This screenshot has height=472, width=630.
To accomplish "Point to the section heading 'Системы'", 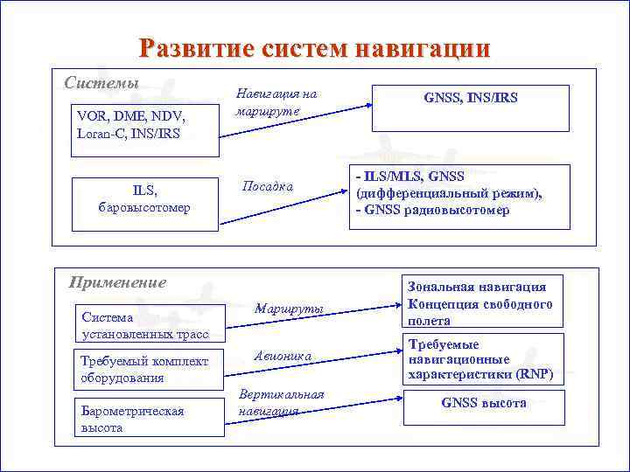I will click(x=101, y=83).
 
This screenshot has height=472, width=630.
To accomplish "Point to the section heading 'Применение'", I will click(x=117, y=282).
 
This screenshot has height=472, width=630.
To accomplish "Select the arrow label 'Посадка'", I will click(x=267, y=186).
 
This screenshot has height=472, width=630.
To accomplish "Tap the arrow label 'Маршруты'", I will click(x=289, y=309).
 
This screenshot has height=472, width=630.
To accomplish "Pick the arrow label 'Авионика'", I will click(x=282, y=356).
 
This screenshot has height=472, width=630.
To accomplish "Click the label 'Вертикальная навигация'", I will click(x=281, y=402).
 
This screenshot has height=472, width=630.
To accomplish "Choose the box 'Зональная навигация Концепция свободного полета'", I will click(x=479, y=303).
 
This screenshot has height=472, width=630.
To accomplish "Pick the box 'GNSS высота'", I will click(x=483, y=404).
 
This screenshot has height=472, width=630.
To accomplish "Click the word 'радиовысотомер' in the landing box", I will click(x=450, y=211).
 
